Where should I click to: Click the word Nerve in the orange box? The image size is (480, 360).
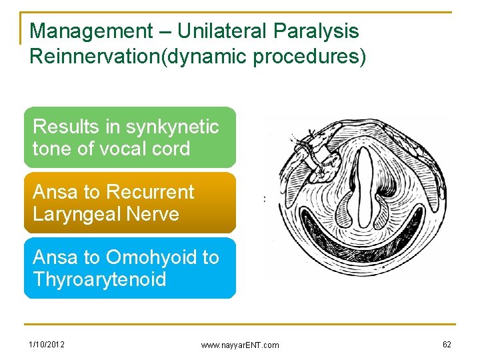tap(155, 215)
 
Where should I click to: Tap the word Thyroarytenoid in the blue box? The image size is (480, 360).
tap(99, 279)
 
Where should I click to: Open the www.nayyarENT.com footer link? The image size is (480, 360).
tap(240, 345)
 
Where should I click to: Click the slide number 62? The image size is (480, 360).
tap(446, 344)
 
